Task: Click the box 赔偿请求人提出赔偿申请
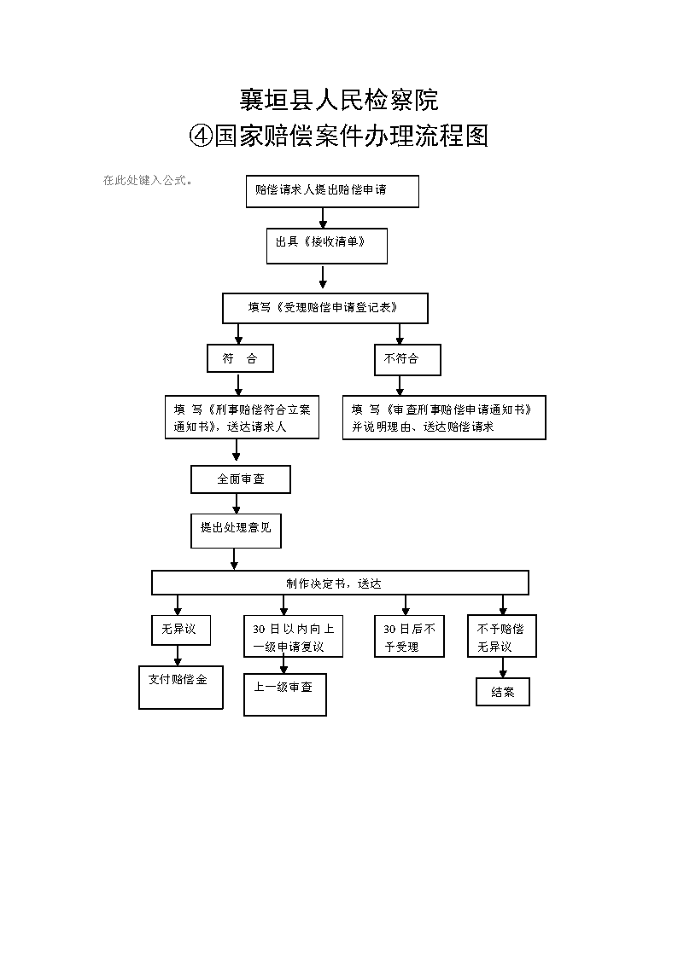click(332, 191)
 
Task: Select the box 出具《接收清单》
click(326, 246)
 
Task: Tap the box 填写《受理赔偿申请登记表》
click(324, 308)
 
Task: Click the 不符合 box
click(407, 359)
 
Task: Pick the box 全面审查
click(240, 479)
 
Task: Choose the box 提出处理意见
click(236, 531)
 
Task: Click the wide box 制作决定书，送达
click(340, 583)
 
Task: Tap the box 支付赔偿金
click(180, 687)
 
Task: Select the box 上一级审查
click(285, 694)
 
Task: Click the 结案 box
click(503, 692)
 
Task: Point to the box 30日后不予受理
click(409, 636)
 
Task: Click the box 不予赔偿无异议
click(502, 636)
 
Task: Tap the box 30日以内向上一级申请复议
click(293, 636)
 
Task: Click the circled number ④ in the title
click(201, 136)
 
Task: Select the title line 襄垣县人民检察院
click(339, 100)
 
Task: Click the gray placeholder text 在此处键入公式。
click(148, 180)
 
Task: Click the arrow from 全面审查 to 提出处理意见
click(237, 503)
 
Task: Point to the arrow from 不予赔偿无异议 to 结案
click(503, 667)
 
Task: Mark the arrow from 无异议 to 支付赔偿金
click(178, 655)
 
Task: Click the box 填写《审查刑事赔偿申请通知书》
click(444, 417)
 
